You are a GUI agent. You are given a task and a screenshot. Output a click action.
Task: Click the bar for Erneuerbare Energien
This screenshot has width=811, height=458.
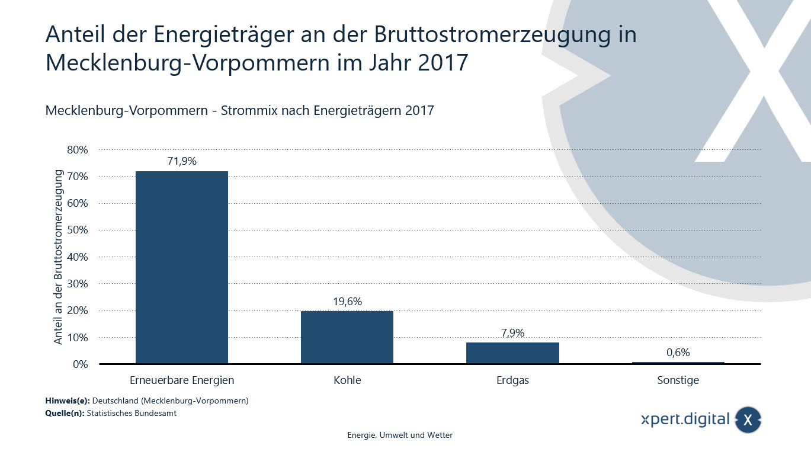(182, 267)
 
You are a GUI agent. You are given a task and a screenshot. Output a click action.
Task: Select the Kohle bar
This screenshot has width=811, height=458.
(347, 337)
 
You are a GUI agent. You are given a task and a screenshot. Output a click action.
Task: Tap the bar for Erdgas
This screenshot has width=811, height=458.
(512, 353)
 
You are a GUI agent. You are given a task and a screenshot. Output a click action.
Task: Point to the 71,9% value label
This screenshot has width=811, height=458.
(182, 161)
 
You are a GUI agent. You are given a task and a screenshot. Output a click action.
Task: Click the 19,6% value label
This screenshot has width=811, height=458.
(347, 301)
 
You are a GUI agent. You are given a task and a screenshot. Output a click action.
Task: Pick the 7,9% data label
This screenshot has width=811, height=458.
(512, 332)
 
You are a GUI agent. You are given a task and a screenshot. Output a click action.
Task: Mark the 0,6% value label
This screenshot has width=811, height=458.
(678, 353)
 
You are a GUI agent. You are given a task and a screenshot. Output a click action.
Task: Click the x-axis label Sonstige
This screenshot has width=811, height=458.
(678, 380)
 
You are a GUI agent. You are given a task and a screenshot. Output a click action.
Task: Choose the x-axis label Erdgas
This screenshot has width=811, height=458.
(512, 380)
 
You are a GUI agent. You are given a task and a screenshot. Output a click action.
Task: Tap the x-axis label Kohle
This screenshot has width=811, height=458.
(347, 380)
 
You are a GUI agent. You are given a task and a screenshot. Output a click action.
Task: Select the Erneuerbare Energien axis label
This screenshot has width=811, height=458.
(182, 380)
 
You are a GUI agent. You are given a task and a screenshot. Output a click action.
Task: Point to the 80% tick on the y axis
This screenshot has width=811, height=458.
(77, 150)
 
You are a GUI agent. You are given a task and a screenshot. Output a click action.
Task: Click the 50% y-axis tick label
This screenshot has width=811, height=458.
(77, 230)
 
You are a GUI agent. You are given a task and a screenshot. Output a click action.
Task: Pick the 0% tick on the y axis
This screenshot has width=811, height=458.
(80, 364)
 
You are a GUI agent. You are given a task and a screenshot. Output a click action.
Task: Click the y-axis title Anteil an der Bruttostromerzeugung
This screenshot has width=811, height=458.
(59, 257)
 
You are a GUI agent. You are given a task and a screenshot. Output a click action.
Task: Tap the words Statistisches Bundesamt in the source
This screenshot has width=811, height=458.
(132, 414)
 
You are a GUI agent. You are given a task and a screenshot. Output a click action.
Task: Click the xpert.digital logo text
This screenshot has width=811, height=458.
(685, 419)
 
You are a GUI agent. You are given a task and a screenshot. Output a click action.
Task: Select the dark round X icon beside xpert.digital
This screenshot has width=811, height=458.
(748, 420)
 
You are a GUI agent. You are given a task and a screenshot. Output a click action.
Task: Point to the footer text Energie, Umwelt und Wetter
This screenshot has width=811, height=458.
(400, 435)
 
